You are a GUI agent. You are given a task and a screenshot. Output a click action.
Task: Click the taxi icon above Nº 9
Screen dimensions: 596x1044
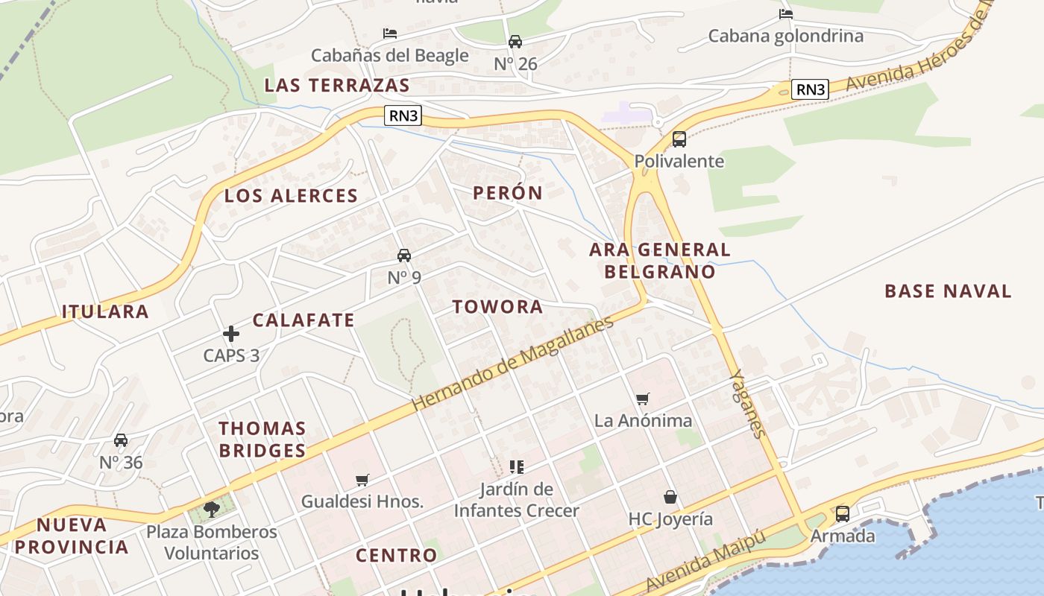404,256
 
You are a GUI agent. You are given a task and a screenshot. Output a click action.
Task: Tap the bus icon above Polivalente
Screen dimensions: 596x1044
679,139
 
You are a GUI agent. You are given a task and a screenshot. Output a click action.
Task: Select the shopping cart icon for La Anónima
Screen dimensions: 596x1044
643,399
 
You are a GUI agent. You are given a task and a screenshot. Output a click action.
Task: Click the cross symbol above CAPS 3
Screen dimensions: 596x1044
231,334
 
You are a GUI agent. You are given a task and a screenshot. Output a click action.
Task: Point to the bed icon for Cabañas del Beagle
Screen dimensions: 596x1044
389,34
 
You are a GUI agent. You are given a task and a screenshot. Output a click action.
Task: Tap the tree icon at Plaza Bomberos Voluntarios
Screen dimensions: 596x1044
212,510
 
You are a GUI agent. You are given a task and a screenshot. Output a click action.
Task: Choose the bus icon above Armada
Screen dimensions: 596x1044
842,513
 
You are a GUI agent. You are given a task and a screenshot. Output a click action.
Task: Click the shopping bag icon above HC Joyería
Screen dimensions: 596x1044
670,497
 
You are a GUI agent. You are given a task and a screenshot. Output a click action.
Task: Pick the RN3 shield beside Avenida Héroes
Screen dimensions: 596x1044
811,90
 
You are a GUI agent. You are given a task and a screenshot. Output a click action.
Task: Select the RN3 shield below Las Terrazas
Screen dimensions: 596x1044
403,115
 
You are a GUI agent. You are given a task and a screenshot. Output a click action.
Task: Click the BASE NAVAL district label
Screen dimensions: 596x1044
948,291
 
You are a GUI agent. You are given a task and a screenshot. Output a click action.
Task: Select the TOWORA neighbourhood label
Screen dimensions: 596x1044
497,307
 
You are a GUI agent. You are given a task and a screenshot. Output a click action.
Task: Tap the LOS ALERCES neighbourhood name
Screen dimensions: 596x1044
292,196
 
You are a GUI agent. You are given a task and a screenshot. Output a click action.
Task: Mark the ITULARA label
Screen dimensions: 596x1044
105,311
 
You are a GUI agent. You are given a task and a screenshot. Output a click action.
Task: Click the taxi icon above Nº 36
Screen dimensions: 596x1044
121,440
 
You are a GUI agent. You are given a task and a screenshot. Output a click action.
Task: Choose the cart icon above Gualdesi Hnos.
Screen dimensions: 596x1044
362,480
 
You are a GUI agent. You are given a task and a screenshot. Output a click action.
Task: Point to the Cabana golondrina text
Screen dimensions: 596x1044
785,36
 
